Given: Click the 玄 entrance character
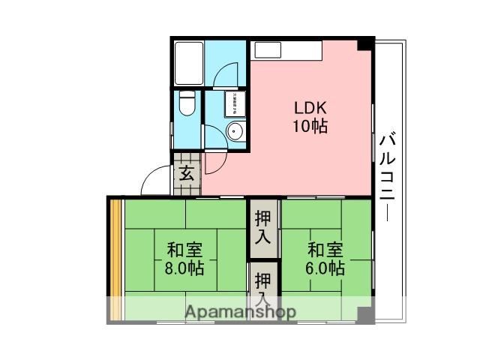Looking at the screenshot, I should click(187, 174).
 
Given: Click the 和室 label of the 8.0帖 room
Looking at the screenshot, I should click(184, 250).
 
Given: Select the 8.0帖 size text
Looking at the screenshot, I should click(184, 268).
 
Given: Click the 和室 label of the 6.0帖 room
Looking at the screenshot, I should click(325, 250).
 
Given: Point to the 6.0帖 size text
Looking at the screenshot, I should click(325, 268).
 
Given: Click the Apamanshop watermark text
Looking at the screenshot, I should click(240, 310).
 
